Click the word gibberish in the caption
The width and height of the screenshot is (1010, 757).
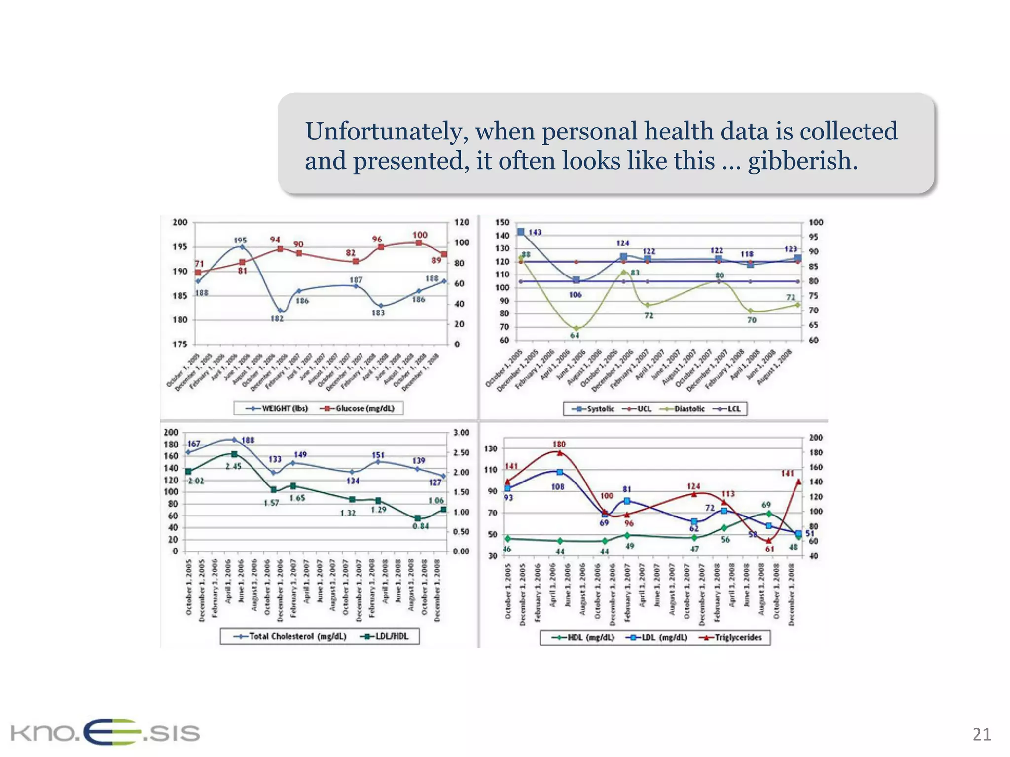(802, 161)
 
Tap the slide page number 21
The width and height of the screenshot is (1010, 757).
(981, 734)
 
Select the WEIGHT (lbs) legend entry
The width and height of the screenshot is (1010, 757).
(279, 408)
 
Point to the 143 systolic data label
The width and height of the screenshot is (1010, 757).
(535, 232)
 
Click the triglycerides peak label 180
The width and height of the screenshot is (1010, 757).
(559, 444)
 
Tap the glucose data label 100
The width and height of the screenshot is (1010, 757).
(420, 235)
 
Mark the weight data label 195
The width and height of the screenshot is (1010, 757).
(240, 241)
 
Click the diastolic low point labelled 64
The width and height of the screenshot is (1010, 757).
(575, 335)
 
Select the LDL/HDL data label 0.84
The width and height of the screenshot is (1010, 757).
(421, 526)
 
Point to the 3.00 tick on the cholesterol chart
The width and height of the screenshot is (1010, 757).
(461, 433)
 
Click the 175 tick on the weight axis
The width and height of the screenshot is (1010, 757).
(180, 344)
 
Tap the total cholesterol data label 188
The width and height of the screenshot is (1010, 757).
(248, 440)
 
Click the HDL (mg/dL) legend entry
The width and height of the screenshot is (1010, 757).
(585, 637)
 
